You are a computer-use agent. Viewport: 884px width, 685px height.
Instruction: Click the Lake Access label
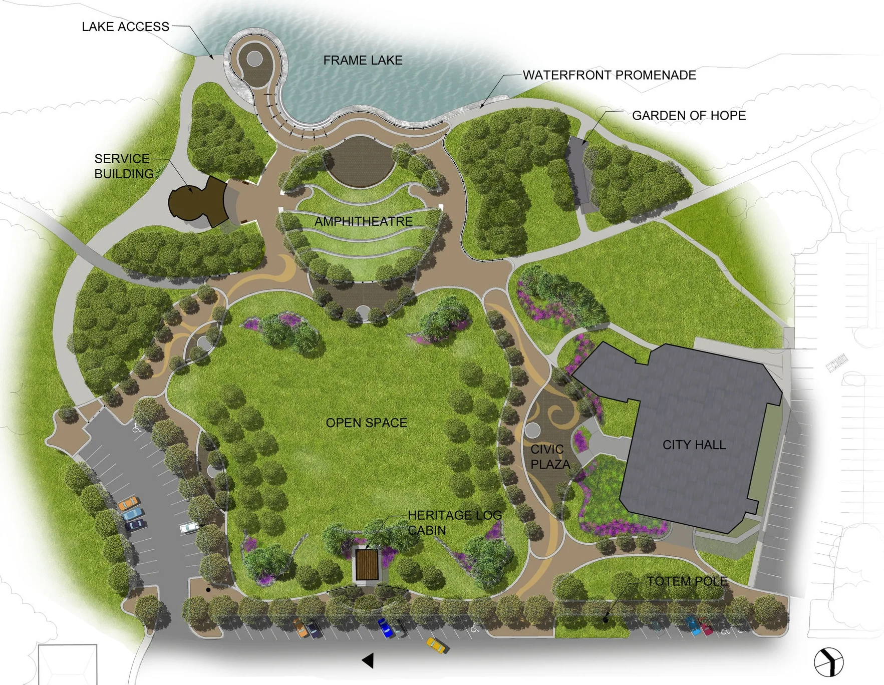(125, 27)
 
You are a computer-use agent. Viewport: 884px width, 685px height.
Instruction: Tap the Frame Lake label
(363, 61)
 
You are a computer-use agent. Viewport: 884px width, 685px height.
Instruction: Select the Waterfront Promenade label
(609, 75)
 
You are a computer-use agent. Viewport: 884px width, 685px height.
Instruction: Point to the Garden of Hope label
(689, 116)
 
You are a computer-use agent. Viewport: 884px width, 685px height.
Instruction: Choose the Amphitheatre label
(364, 221)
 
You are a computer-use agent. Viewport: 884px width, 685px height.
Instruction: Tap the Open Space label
(366, 423)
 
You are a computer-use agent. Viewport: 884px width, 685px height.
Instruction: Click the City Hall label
(694, 445)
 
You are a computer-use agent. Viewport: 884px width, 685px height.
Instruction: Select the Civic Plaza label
(549, 457)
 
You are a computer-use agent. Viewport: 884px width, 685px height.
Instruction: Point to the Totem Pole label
(687, 581)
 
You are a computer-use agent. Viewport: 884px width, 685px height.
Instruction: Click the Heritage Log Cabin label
(454, 522)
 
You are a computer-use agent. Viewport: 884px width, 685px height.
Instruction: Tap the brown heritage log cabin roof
(367, 565)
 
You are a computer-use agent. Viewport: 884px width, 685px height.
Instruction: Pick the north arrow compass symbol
(828, 662)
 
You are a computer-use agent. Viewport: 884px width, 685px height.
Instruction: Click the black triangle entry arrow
(368, 660)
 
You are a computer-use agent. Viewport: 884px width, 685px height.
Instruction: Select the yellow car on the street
(437, 645)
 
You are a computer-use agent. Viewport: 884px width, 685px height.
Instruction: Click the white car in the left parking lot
(189, 527)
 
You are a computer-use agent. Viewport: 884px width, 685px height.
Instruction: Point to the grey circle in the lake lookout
(254, 59)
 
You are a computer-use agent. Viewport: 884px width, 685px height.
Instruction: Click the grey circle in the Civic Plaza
(532, 430)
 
